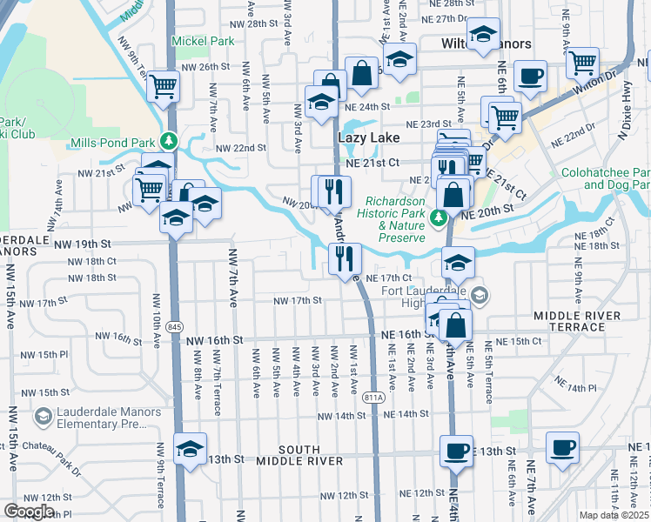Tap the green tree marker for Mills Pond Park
[172, 140]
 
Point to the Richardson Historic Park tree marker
[440, 217]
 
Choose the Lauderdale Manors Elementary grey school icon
[42, 418]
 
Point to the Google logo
[30, 512]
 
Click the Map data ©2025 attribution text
[614, 515]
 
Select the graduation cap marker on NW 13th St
[190, 449]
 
